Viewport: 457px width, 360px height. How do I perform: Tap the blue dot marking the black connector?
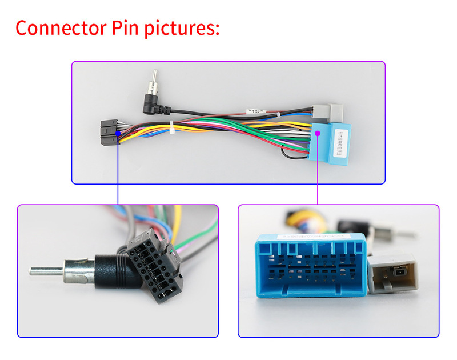118,134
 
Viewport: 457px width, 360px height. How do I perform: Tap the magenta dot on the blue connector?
318,133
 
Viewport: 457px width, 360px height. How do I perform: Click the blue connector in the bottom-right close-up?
308,269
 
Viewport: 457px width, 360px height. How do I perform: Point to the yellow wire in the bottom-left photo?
177,220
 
